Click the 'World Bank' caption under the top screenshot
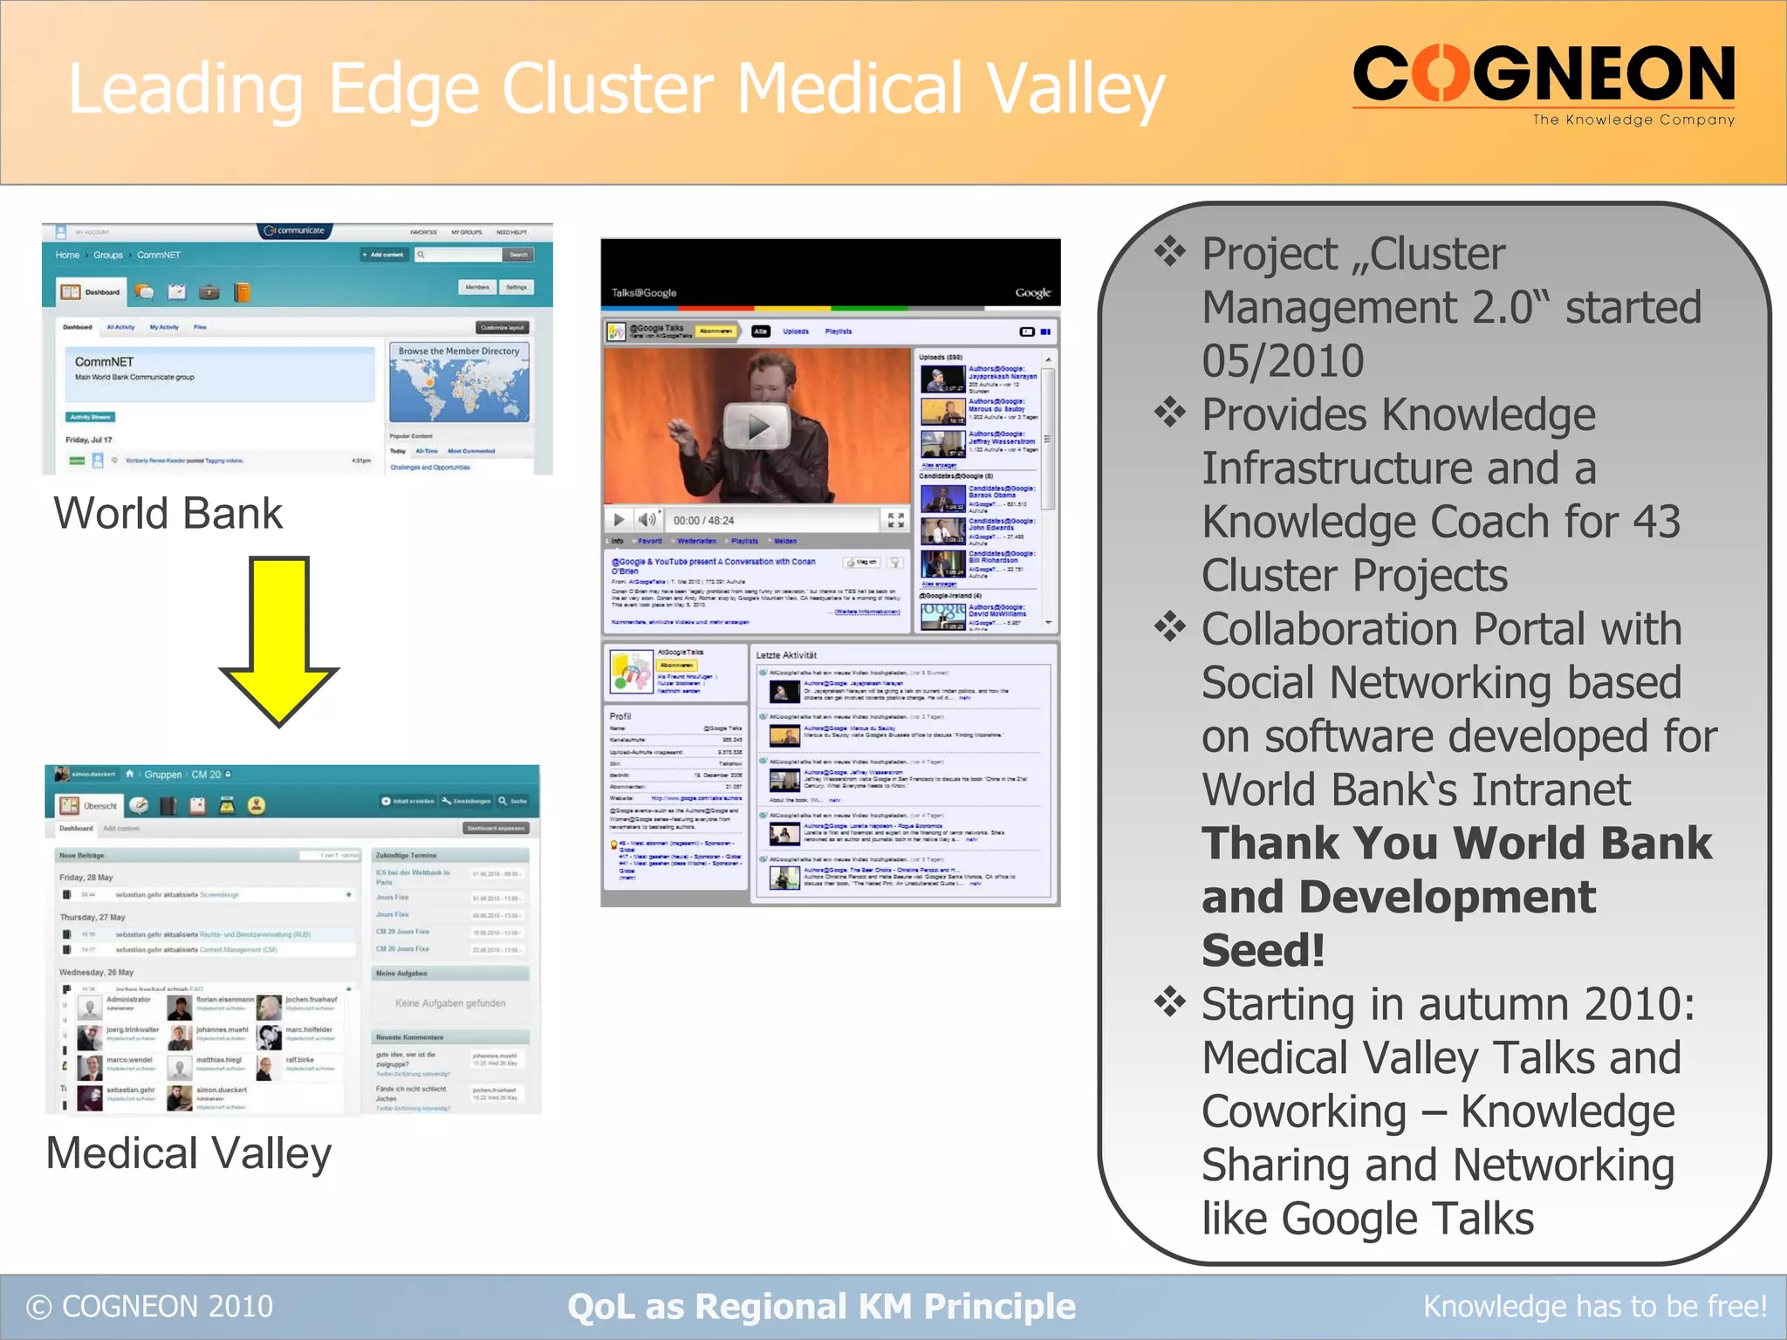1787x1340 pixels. pos(168,513)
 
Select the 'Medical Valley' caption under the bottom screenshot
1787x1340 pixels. pos(189,1153)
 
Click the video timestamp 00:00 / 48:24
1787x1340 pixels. pos(703,521)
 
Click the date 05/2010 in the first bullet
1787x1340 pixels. pos(1283,361)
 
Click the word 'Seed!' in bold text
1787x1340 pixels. pos(1263,950)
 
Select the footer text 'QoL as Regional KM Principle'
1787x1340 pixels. pos(821,1307)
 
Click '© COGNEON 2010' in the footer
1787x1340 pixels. pos(150,1307)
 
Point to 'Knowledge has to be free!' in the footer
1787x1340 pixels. pos(1595,1307)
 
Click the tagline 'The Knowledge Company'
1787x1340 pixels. pos(1633,120)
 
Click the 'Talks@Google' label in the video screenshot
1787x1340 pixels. pos(644,293)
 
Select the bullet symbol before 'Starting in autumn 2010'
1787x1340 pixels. pos(1170,1002)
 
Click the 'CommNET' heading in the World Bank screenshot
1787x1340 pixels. pos(105,361)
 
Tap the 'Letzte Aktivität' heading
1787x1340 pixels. pos(786,655)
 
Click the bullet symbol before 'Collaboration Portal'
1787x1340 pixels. pos(1170,627)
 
